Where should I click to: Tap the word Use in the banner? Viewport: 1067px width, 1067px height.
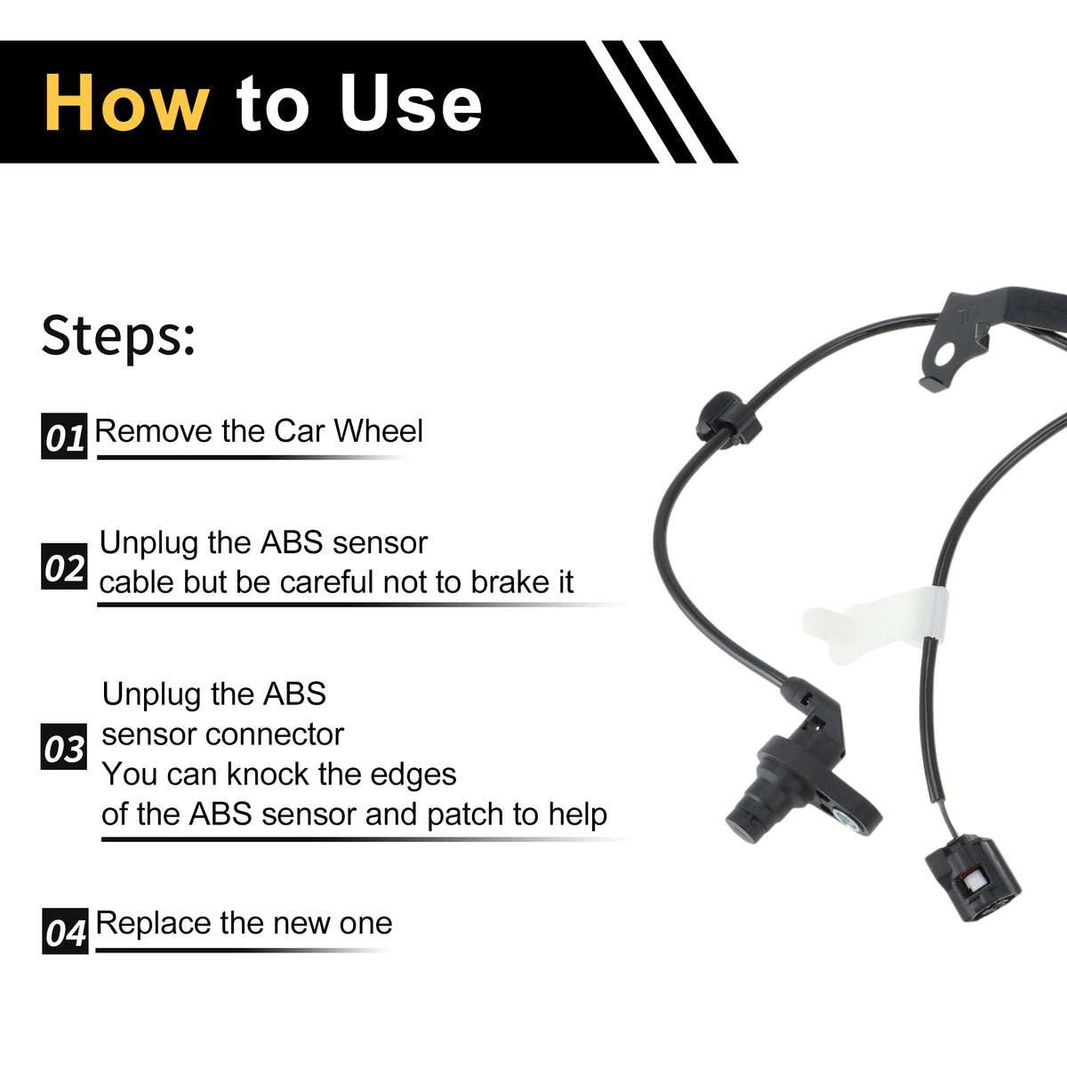point(411,103)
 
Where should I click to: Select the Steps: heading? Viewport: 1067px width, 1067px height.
point(118,337)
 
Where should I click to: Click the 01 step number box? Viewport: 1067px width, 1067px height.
point(64,437)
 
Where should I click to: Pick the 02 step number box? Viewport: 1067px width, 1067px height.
point(64,566)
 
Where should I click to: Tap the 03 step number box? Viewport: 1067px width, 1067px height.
point(64,746)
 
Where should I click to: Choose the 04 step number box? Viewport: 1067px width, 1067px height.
point(65,931)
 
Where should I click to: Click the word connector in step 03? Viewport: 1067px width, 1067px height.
point(275,734)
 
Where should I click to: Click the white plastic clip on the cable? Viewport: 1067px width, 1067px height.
point(875,625)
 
